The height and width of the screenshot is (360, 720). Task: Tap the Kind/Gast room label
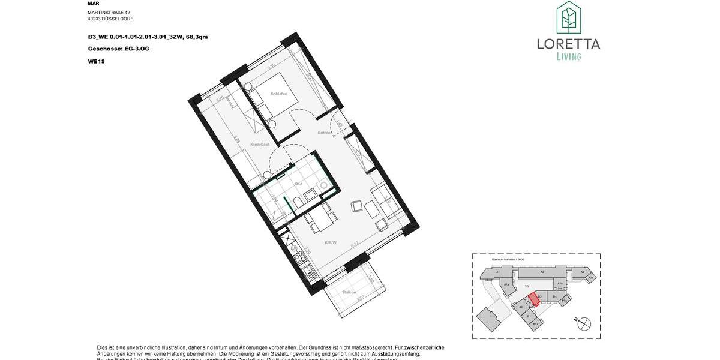pos(259,145)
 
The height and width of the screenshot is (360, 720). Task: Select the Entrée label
pos(325,133)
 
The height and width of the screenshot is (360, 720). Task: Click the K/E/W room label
pos(330,243)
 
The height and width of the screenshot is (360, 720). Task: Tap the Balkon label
pos(349,292)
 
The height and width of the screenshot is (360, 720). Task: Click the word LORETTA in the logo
pos(568,44)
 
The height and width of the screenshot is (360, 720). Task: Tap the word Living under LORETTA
pos(568,57)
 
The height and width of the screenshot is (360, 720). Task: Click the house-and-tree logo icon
pos(568,17)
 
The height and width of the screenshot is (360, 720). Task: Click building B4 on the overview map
pos(555,296)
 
